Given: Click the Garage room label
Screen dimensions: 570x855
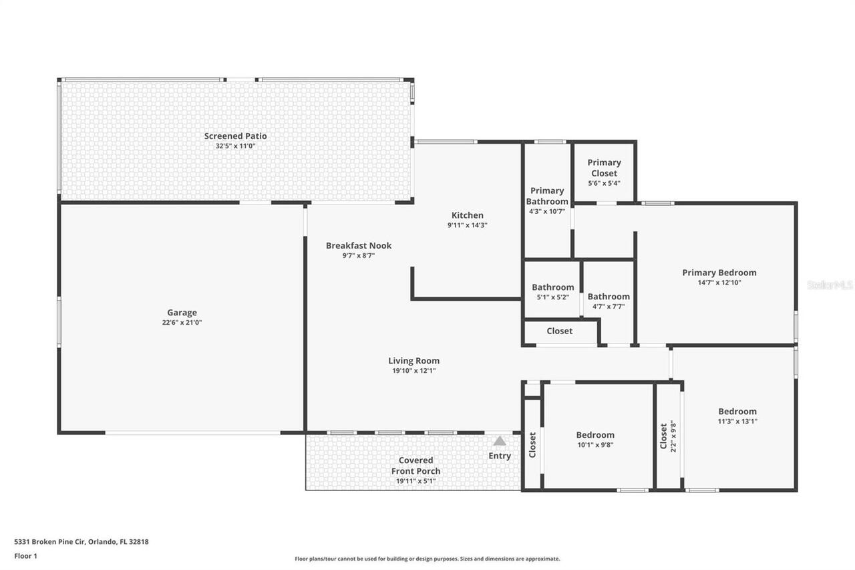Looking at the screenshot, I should click(x=182, y=312).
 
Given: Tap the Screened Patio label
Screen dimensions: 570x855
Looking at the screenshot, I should click(x=235, y=136).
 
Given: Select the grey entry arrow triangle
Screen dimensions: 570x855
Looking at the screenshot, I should click(x=500, y=441).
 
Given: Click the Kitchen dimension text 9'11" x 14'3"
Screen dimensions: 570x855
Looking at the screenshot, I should click(x=467, y=225).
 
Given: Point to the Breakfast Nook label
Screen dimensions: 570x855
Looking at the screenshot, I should click(x=359, y=245).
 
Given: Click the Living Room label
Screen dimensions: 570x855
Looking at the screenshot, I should click(x=413, y=361).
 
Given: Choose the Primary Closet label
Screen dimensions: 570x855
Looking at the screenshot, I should click(x=604, y=168).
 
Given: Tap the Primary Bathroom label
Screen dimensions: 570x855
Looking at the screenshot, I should click(x=547, y=196).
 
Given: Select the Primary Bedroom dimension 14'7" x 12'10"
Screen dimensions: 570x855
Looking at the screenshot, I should click(x=719, y=283).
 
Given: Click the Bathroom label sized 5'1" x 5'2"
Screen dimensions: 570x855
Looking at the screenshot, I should click(x=552, y=287).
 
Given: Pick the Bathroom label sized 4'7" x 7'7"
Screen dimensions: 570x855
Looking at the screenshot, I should click(x=608, y=297).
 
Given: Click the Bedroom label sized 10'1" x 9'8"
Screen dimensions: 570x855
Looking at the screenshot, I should click(x=595, y=435).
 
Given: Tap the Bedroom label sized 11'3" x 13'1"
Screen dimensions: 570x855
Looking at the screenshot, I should click(x=737, y=412).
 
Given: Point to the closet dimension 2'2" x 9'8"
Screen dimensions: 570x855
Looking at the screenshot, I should click(x=673, y=436).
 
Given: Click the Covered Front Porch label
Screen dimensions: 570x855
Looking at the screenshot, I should click(x=415, y=465).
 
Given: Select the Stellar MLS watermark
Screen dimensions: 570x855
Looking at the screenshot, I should click(x=830, y=285).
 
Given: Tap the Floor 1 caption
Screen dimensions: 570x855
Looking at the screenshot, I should click(x=25, y=555).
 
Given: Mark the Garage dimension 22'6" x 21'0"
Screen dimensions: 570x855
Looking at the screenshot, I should click(x=182, y=322).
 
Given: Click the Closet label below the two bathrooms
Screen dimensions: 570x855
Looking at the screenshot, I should click(x=559, y=331).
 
